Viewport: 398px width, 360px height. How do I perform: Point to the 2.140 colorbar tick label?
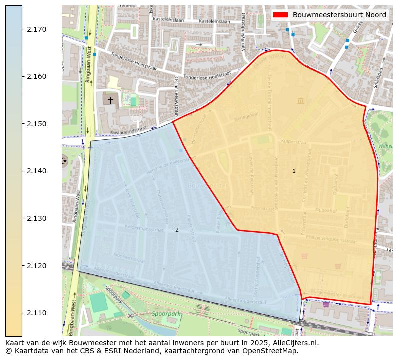(36, 171)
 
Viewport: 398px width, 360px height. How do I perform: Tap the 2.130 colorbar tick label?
(36, 218)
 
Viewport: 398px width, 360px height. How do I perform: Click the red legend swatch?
(281, 15)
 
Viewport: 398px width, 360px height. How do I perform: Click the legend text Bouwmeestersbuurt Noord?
(339, 15)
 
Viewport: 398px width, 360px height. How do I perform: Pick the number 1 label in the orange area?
(294, 171)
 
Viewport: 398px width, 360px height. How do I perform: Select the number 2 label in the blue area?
(177, 230)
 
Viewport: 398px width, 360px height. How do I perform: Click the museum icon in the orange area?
(300, 101)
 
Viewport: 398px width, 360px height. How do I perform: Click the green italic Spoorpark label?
(166, 314)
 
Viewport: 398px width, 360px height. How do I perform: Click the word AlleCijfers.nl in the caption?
(295, 343)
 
